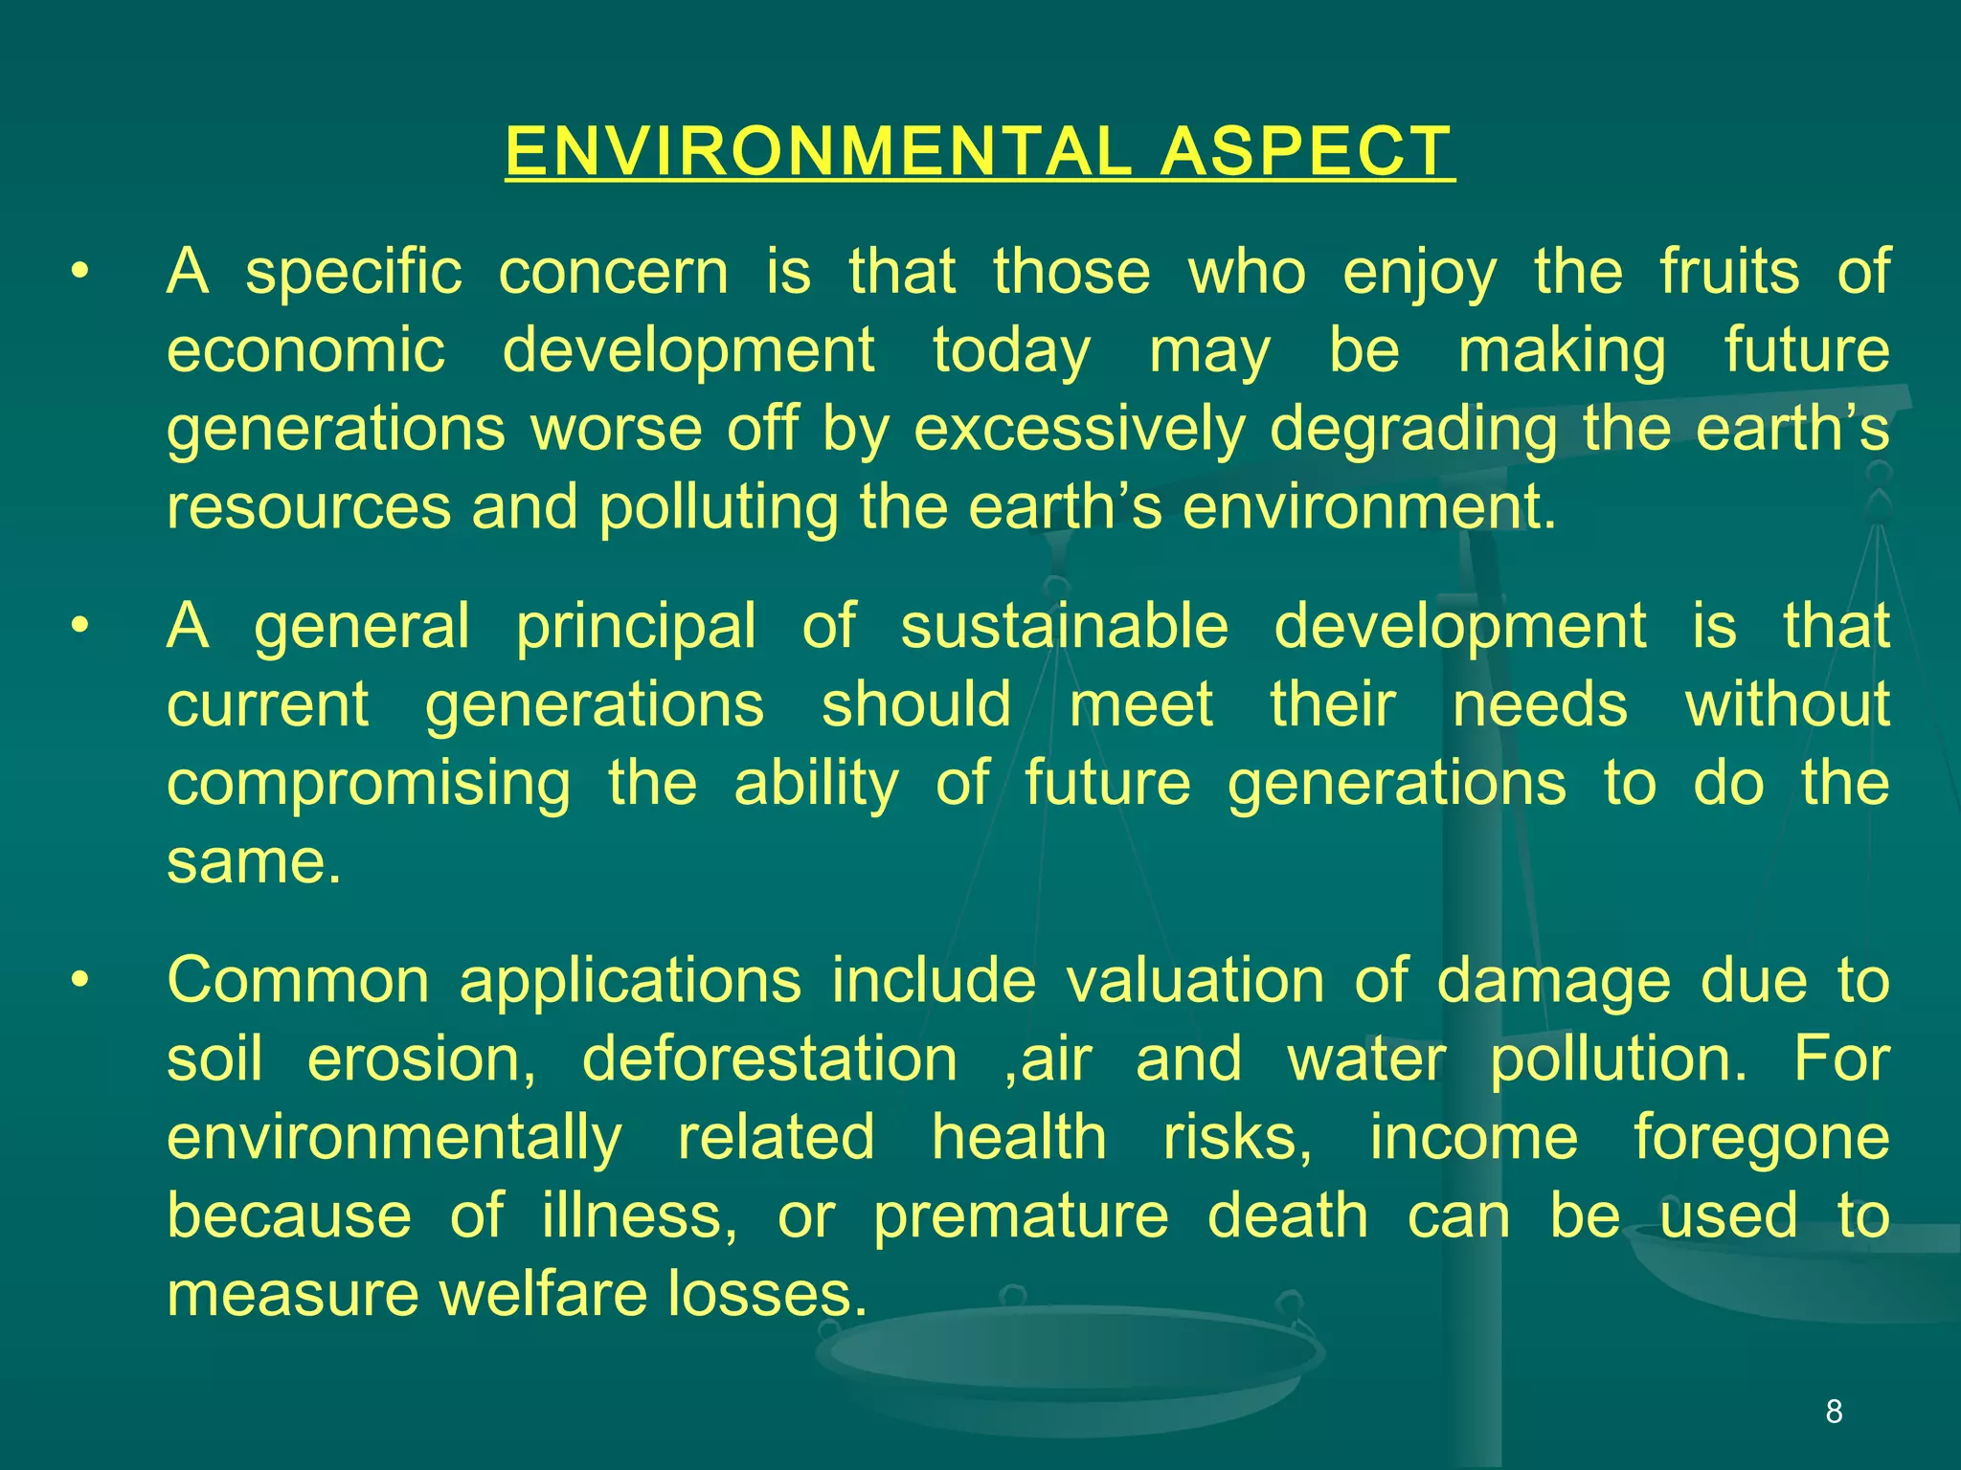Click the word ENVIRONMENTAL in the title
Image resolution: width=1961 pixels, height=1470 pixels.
818,152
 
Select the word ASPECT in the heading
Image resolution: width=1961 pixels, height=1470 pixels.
1306,152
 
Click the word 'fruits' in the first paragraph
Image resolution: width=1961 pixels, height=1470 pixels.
1729,272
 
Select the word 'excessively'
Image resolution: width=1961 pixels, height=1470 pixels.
1079,429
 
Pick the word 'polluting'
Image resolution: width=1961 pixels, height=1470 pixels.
719,508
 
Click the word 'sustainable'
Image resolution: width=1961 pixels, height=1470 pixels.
1064,627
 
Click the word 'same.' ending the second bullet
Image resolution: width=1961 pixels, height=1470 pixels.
254,862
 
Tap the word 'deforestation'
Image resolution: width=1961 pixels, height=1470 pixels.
770,1059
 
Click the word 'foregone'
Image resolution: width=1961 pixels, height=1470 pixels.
1761,1139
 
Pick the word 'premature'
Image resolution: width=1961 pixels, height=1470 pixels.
1021,1217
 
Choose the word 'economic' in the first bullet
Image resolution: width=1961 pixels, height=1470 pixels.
306,350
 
